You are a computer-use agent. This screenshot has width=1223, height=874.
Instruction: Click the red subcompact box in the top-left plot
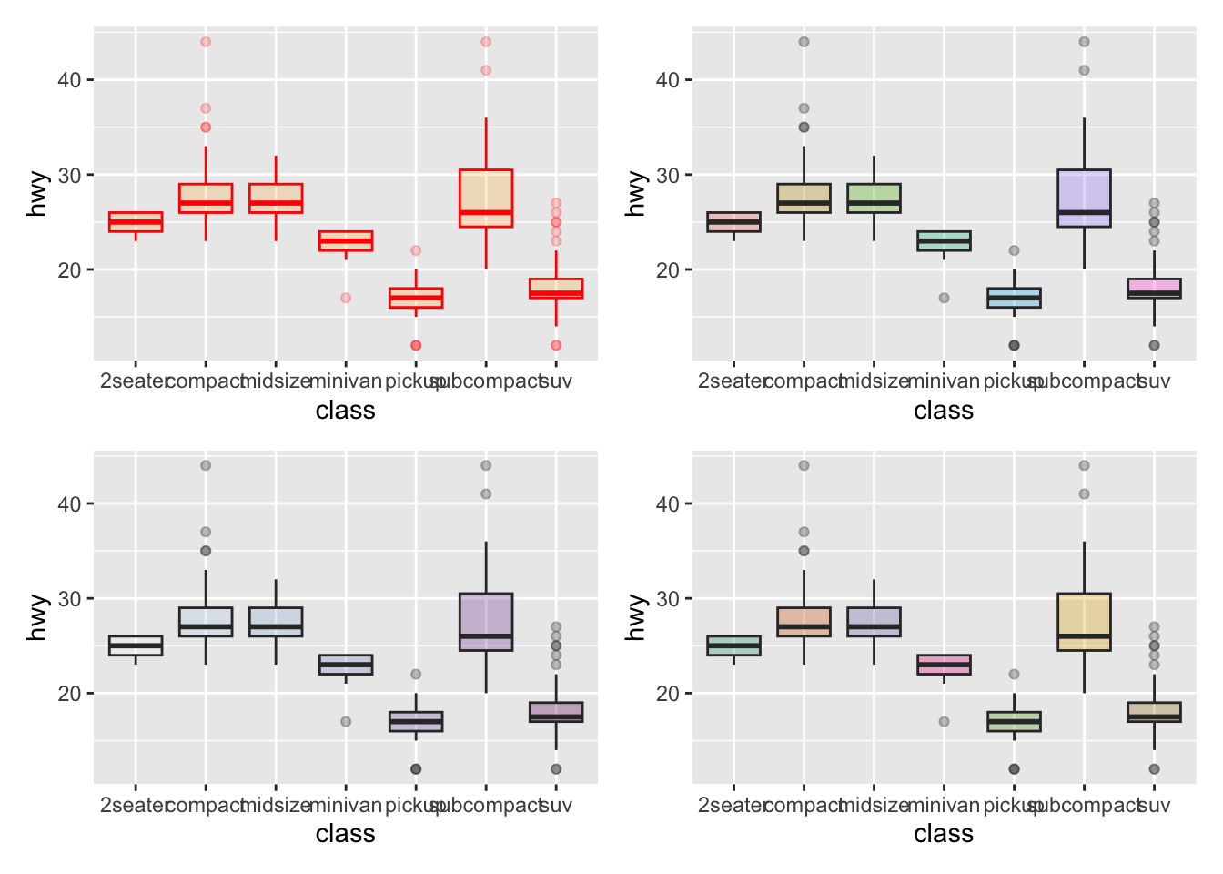point(486,198)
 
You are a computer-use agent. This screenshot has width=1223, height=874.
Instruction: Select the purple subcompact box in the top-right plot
point(1084,198)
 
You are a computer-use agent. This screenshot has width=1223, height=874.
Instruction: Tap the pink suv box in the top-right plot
point(1154,288)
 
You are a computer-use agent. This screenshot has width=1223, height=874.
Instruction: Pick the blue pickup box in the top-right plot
point(1014,298)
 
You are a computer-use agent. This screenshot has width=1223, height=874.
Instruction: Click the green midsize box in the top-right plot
point(874,198)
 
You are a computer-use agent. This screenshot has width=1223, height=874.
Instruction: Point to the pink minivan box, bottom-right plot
point(944,665)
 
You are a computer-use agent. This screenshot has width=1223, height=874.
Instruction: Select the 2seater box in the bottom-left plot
point(136,645)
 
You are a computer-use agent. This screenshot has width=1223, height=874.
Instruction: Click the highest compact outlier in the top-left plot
point(206,42)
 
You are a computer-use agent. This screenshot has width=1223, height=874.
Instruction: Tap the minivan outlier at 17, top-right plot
point(944,298)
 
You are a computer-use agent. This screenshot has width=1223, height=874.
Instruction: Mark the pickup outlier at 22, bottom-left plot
point(416,675)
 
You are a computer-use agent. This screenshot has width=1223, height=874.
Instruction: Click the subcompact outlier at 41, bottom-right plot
point(1084,494)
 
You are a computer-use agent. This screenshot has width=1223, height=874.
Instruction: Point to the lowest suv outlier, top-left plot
point(556,345)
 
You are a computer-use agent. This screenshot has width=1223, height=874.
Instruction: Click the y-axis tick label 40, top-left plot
point(69,80)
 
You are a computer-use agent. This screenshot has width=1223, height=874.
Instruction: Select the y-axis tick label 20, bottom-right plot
point(668,694)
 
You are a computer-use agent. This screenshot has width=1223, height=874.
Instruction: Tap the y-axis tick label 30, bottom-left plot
point(69,599)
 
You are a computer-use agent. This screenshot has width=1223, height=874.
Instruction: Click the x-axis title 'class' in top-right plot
point(944,411)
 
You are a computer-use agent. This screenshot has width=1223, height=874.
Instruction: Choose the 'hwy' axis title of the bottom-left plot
point(37,617)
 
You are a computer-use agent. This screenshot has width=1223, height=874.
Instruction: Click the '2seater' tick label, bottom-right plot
point(733,806)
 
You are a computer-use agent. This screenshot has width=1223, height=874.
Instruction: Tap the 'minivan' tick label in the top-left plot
point(346,381)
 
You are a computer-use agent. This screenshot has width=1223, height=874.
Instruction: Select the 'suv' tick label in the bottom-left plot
point(556,806)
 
